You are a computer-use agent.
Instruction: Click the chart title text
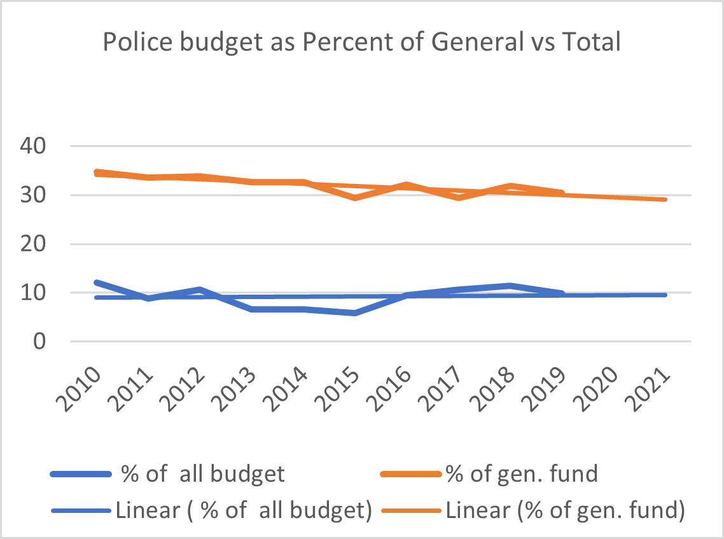361,43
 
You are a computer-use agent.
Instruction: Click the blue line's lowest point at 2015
354,313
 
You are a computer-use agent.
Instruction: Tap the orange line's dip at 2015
354,198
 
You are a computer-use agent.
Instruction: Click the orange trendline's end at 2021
664,199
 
